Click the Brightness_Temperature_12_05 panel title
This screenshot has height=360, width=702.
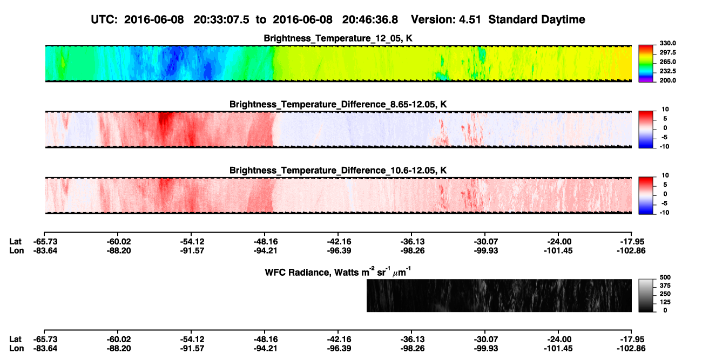[338, 38]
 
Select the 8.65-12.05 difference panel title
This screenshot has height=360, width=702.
[338, 104]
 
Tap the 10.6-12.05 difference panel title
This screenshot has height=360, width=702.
[338, 171]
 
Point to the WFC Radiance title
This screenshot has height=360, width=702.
[338, 271]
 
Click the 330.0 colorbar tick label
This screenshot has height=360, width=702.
[667, 43]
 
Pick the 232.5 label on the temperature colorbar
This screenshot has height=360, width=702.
[667, 71]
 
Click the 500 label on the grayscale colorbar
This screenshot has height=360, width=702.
[665, 277]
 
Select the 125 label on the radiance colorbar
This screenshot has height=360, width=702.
[665, 302]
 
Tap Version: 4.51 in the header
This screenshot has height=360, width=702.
[446, 19]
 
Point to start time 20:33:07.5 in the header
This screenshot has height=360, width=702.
[221, 19]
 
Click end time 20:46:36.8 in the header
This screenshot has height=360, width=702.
[370, 19]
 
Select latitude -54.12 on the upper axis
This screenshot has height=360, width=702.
[192, 242]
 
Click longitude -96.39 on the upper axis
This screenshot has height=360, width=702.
[339, 250]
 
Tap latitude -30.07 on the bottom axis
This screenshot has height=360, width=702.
[486, 339]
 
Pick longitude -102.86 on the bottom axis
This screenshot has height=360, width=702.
[631, 349]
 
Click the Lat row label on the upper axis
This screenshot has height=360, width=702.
[15, 242]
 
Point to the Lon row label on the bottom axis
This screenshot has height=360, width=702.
[16, 349]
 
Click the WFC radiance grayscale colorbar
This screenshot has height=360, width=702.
[646, 295]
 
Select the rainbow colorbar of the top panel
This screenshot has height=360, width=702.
[646, 64]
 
